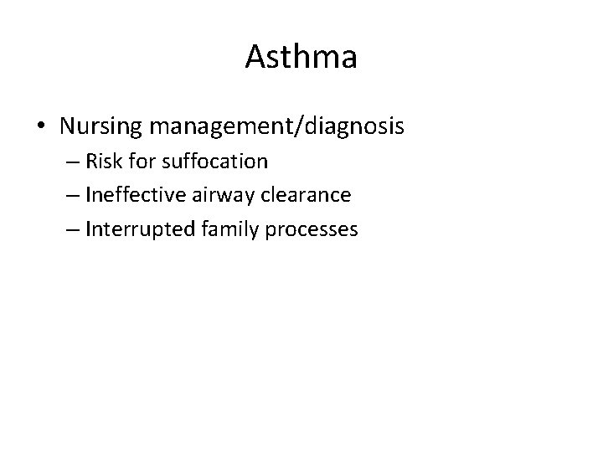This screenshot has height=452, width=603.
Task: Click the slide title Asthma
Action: tap(301, 57)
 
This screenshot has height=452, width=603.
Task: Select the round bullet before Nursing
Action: tap(41, 127)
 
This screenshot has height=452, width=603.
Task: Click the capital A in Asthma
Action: tap(255, 57)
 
